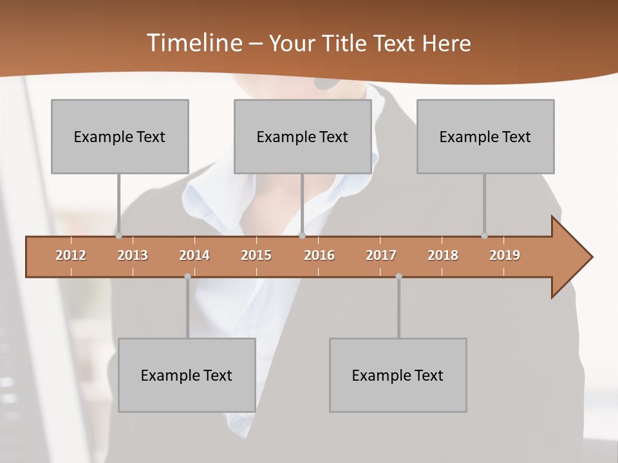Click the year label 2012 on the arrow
[x=71, y=255]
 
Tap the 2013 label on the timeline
[x=133, y=255]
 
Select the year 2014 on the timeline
[x=194, y=255]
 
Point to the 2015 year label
[x=256, y=255]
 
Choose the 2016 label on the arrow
[x=319, y=255]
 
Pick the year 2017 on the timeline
[x=381, y=255]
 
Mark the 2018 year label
[x=443, y=255]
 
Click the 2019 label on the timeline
[x=505, y=255]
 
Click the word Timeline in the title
[x=193, y=43]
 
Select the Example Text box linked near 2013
[x=120, y=136]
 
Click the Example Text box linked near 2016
[x=303, y=136]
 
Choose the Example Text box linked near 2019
[x=485, y=136]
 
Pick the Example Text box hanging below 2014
[x=187, y=375]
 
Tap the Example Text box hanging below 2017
[x=398, y=375]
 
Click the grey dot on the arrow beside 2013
[x=118, y=236]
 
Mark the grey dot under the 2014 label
[x=187, y=277]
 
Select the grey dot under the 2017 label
[x=398, y=277]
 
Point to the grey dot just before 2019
[x=484, y=236]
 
